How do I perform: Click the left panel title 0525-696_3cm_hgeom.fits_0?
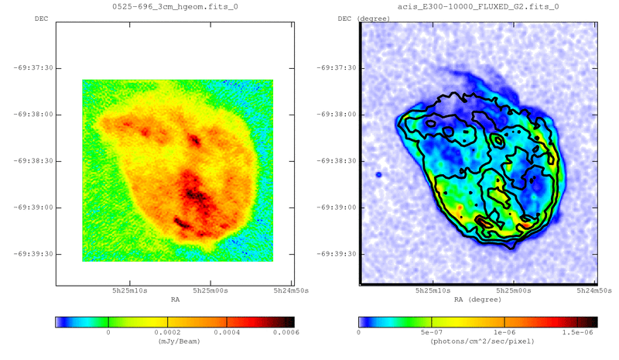coord(174,6)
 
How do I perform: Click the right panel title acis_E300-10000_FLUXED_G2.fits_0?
coord(477,6)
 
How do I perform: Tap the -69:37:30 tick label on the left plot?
coord(32,68)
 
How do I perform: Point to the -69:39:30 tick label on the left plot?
coord(32,254)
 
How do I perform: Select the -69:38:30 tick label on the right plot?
coord(336,161)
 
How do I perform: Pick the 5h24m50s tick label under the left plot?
coord(290,290)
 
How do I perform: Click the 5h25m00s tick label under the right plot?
coord(512,290)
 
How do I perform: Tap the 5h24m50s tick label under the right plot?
coord(593,290)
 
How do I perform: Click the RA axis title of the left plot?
coord(175,299)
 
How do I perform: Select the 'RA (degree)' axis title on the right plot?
coord(477,299)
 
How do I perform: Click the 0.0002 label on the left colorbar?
coord(167,332)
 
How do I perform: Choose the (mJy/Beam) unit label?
coord(175,341)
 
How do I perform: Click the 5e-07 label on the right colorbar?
coord(431,332)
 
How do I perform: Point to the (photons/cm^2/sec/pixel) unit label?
coord(477,341)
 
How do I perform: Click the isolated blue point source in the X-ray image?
coord(378,175)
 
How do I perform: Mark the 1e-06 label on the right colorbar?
coord(504,332)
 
